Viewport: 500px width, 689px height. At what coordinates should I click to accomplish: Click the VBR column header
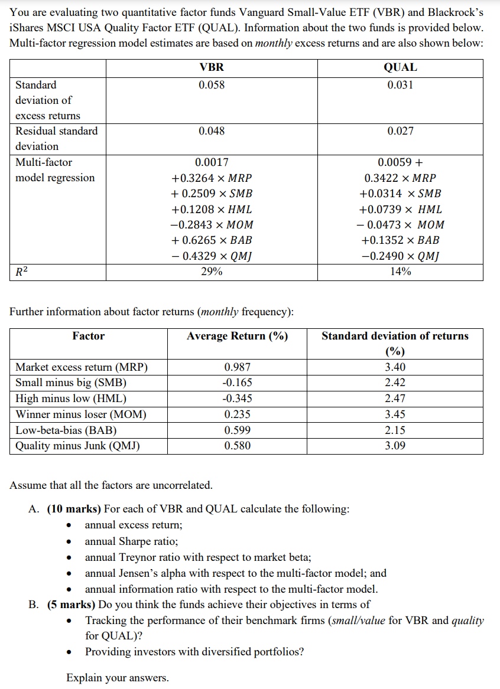[x=212, y=67]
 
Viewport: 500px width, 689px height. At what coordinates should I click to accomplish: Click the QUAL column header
[x=400, y=67]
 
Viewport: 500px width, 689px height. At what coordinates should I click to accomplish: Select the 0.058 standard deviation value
[x=212, y=85]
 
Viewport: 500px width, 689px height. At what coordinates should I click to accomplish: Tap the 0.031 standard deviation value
[x=400, y=85]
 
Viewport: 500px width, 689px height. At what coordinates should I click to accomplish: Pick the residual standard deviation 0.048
[x=212, y=131]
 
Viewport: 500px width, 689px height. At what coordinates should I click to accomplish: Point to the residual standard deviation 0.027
[x=400, y=131]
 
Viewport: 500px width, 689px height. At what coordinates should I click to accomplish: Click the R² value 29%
[x=212, y=272]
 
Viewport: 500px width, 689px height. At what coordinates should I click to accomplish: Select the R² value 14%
[x=400, y=272]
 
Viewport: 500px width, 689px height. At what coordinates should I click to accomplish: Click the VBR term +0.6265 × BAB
[x=212, y=240]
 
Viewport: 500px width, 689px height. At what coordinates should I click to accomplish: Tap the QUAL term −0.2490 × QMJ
[x=400, y=256]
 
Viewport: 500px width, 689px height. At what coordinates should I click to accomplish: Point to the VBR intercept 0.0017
[x=212, y=162]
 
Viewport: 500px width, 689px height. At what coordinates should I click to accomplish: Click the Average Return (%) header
[x=237, y=336]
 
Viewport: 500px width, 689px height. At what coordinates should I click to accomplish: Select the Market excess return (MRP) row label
[x=82, y=367]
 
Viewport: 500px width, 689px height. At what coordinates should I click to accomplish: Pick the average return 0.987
[x=237, y=367]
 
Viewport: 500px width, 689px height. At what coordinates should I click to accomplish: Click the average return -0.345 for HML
[x=237, y=399]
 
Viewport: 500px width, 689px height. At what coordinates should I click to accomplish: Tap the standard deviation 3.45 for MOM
[x=395, y=414]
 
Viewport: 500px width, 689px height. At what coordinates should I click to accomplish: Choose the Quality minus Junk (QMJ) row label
[x=77, y=446]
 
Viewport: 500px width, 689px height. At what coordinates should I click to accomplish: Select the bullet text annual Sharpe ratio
[x=131, y=541]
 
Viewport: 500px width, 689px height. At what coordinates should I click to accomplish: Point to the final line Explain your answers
[x=117, y=678]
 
